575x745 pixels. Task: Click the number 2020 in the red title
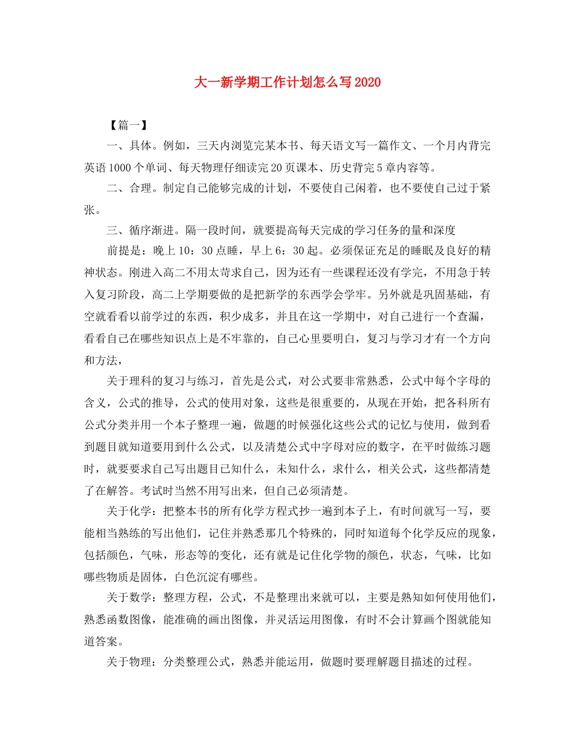pyautogui.click(x=367, y=82)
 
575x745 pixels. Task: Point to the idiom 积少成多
pyautogui.click(x=250, y=315)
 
